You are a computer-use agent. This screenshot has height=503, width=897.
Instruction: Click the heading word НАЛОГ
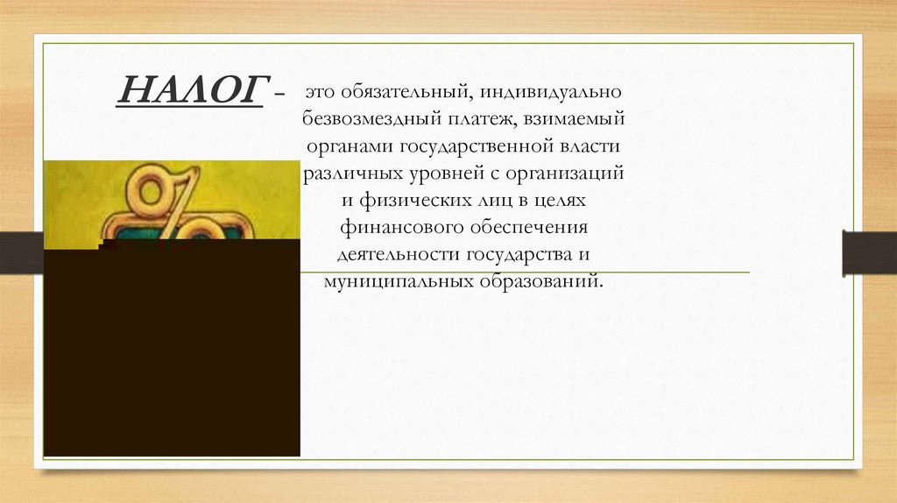pyautogui.click(x=191, y=89)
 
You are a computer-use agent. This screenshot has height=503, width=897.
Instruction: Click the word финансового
pyautogui.click(x=394, y=228)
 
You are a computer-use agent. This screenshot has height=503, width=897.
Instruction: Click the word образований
pyautogui.click(x=540, y=282)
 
